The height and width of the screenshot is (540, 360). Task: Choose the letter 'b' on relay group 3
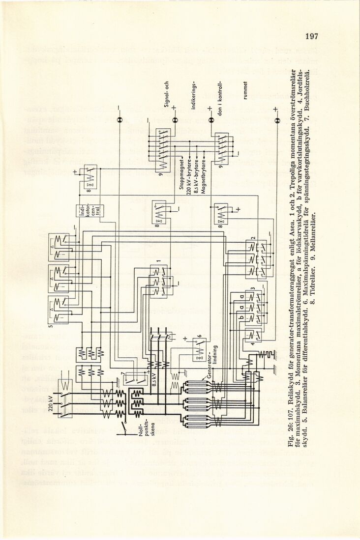click(x=241, y=318)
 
